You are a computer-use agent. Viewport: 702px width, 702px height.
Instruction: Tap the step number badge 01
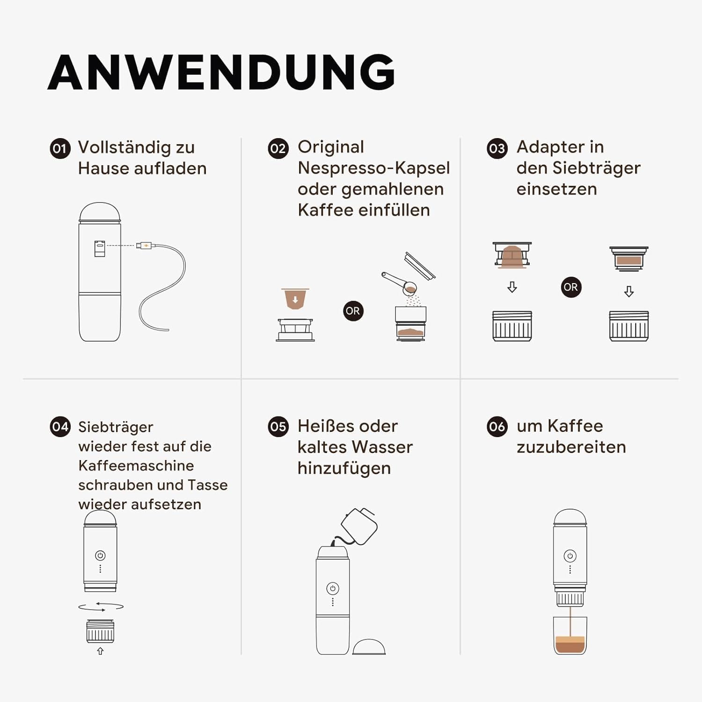point(60,149)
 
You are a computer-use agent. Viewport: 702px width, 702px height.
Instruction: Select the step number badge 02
point(278,149)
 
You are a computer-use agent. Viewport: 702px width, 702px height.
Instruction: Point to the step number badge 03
point(497,149)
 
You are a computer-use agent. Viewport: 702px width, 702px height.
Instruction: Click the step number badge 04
point(60,427)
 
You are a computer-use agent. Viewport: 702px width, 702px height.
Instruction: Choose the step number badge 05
point(278,427)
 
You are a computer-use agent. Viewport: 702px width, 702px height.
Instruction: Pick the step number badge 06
point(497,427)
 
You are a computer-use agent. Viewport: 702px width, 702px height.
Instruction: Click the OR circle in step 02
point(353,311)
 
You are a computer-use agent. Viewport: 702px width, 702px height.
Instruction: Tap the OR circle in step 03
point(571,287)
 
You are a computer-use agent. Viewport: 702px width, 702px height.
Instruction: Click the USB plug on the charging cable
point(144,245)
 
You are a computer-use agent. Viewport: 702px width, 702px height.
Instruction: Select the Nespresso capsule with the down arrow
point(295,299)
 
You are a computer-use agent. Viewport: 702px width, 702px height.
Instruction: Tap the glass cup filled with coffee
point(570,636)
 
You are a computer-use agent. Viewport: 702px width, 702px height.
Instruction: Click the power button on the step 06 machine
point(570,556)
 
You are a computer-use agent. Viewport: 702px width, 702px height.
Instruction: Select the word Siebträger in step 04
point(116,427)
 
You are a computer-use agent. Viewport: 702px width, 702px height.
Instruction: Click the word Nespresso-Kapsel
point(374,168)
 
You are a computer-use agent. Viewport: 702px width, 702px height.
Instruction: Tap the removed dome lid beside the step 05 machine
point(369,647)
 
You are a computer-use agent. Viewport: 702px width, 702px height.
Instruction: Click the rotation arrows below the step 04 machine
point(101,607)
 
